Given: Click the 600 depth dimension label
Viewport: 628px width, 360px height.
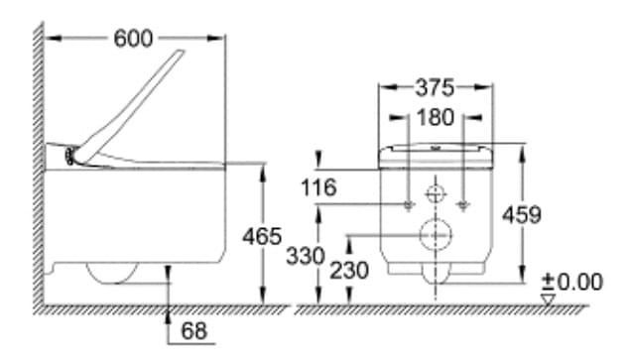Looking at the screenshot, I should click(x=133, y=38).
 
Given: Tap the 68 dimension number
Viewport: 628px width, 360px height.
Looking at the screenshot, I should click(x=195, y=330).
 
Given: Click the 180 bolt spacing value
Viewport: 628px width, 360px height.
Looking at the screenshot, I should click(x=435, y=117).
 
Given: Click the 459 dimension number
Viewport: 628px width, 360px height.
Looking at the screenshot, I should click(x=523, y=214).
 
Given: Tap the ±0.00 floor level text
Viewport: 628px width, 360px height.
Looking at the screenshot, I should click(x=575, y=282).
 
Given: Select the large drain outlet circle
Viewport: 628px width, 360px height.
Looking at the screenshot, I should click(x=435, y=234).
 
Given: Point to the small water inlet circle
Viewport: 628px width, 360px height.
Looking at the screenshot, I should click(x=435, y=191).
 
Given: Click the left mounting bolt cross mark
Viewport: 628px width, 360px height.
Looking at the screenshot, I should click(x=408, y=203).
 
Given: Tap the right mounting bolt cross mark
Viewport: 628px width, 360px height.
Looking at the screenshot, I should click(x=462, y=203).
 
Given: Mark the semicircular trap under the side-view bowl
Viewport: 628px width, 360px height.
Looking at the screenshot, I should click(x=111, y=272).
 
